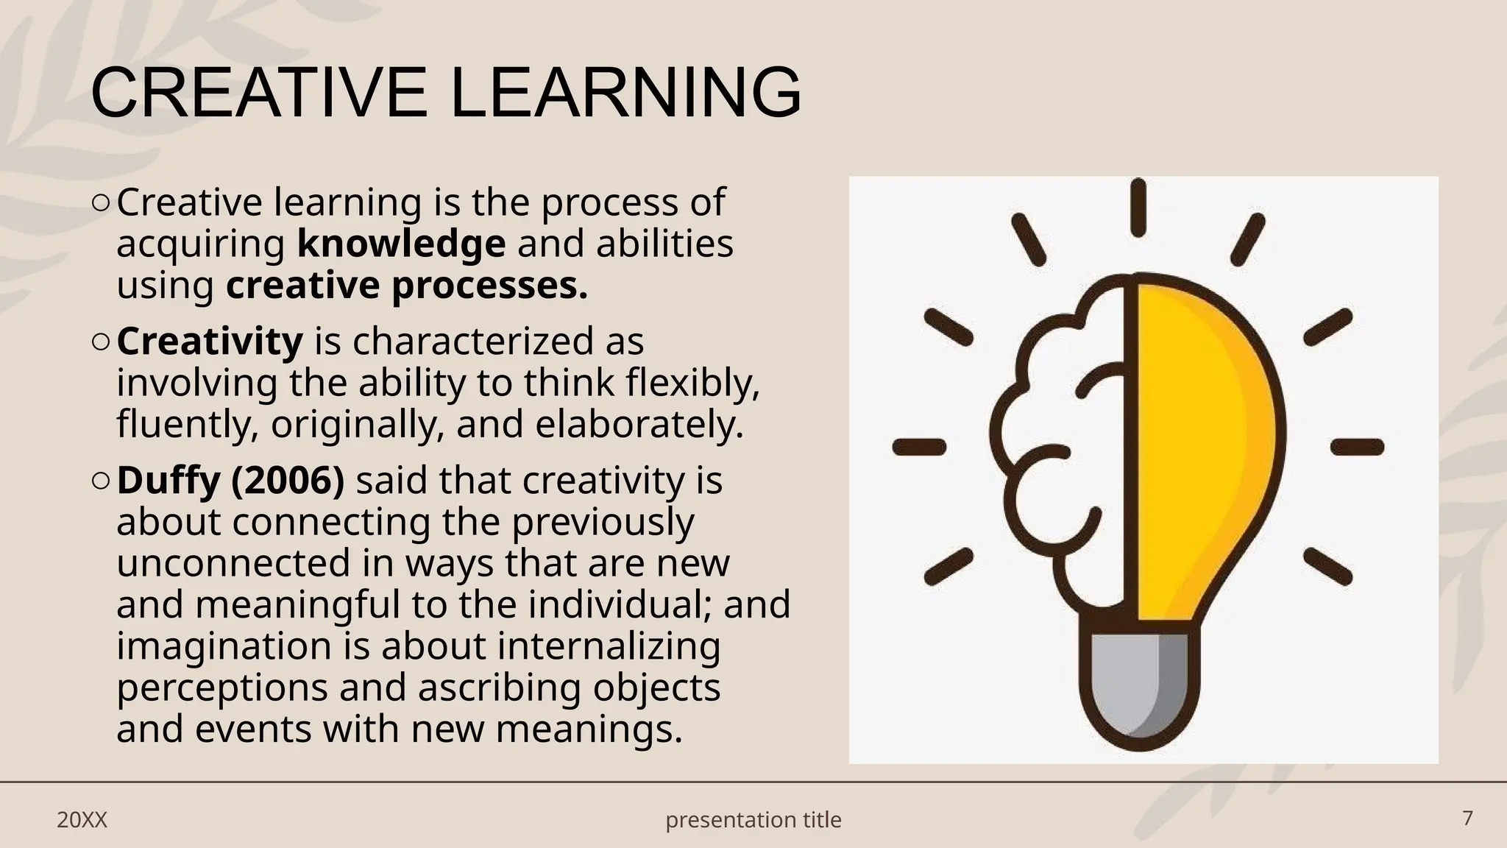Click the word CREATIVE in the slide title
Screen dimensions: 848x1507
[x=258, y=93]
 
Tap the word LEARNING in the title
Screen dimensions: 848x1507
[x=625, y=93]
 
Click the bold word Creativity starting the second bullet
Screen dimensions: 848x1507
[x=210, y=342]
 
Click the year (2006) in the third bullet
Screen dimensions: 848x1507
[x=288, y=481]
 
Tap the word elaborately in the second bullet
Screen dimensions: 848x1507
[x=639, y=425]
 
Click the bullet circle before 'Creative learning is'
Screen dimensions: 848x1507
[x=102, y=202]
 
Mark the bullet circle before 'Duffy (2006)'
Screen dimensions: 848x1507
[x=102, y=481]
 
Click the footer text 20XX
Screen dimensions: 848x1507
[x=82, y=820]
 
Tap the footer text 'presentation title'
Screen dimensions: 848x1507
[x=753, y=820]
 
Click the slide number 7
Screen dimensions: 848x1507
[x=1467, y=819]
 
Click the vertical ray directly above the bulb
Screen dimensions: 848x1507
[x=1138, y=208]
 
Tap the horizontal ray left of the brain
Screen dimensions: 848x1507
[x=919, y=447]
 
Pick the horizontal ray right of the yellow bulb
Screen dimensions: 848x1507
[x=1358, y=447]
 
